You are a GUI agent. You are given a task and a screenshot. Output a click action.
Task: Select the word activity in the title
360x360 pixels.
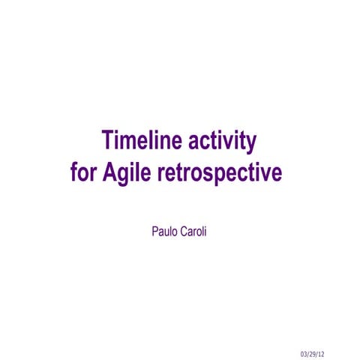click(x=220, y=140)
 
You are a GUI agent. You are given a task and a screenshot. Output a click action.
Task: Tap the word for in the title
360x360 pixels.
click(x=82, y=173)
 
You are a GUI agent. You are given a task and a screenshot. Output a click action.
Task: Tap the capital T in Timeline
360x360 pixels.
click(x=108, y=140)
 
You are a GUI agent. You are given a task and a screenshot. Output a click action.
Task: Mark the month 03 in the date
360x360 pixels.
click(x=304, y=353)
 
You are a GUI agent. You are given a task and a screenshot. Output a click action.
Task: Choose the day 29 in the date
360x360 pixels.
click(x=316, y=353)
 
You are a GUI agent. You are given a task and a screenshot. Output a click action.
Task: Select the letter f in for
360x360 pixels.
click(x=74, y=173)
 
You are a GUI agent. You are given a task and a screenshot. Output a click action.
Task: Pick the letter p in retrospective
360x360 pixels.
click(x=222, y=175)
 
